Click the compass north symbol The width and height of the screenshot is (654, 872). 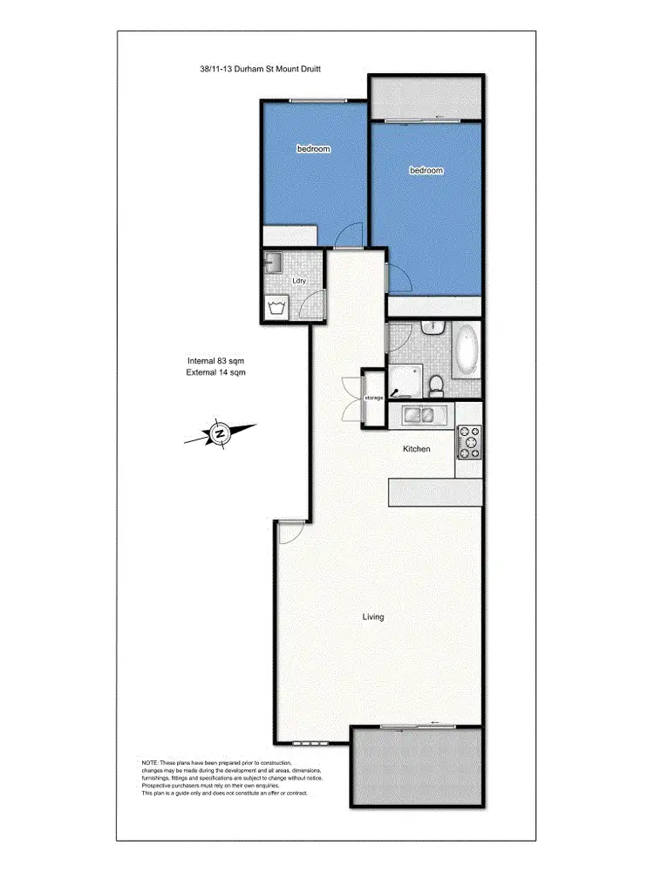coord(220,433)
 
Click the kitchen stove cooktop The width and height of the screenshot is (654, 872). coord(469,441)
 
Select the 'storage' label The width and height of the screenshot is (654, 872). coord(374,399)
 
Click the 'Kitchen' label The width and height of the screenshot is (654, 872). coord(416,449)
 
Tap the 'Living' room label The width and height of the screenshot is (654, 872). coord(373,617)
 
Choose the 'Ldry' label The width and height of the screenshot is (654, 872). coord(299,281)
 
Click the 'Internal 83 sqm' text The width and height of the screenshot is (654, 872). coord(216,361)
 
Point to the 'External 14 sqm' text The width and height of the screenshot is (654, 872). coord(216,372)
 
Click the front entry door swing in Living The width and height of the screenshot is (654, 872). coord(290,533)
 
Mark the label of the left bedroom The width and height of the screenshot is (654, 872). coord(313,149)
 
